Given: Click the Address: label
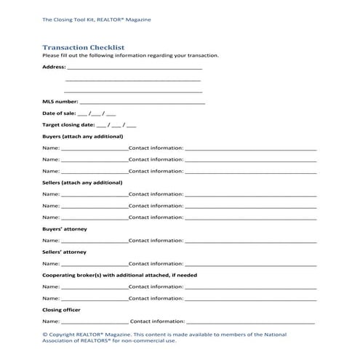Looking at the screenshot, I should click(x=54, y=67).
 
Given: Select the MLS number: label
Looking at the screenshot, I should click(x=59, y=103).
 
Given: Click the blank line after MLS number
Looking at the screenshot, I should click(x=142, y=103).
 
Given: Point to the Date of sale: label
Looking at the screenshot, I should click(x=58, y=114).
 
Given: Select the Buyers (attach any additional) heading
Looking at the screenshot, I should click(x=82, y=136).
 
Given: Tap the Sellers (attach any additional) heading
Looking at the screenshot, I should click(x=82, y=183).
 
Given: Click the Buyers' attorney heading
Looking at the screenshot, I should click(x=65, y=229).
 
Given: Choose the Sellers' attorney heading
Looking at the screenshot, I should click(x=65, y=252).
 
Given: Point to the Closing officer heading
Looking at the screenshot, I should click(x=62, y=310).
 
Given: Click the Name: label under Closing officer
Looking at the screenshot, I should click(x=51, y=321).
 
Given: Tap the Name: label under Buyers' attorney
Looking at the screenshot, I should click(x=51, y=240).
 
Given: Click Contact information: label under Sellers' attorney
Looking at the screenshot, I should click(x=156, y=263).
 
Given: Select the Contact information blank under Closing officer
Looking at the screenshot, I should click(x=251, y=321).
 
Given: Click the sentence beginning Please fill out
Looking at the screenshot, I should click(x=130, y=55).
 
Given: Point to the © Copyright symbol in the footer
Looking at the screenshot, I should click(x=45, y=334).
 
